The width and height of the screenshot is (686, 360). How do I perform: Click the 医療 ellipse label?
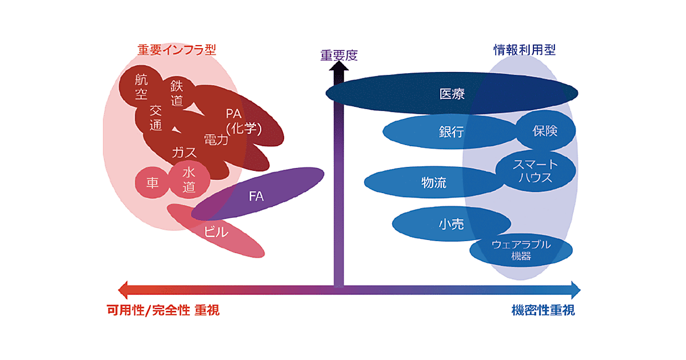452,94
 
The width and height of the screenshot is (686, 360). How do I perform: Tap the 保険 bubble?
545,131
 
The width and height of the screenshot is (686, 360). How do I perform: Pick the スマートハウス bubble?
535,171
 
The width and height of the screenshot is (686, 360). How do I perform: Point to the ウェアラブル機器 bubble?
521,250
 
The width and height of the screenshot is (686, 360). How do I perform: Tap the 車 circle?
153,183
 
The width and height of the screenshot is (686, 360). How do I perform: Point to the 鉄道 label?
177,93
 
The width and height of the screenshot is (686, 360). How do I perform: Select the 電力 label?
216,139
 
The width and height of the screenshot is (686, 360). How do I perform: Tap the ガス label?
184,153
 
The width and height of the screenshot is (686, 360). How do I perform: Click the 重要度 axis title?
338,55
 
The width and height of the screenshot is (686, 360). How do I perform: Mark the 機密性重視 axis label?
543,311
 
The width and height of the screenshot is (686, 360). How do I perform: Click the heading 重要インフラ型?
177,50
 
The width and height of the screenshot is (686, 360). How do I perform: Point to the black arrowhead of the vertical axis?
339,68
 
